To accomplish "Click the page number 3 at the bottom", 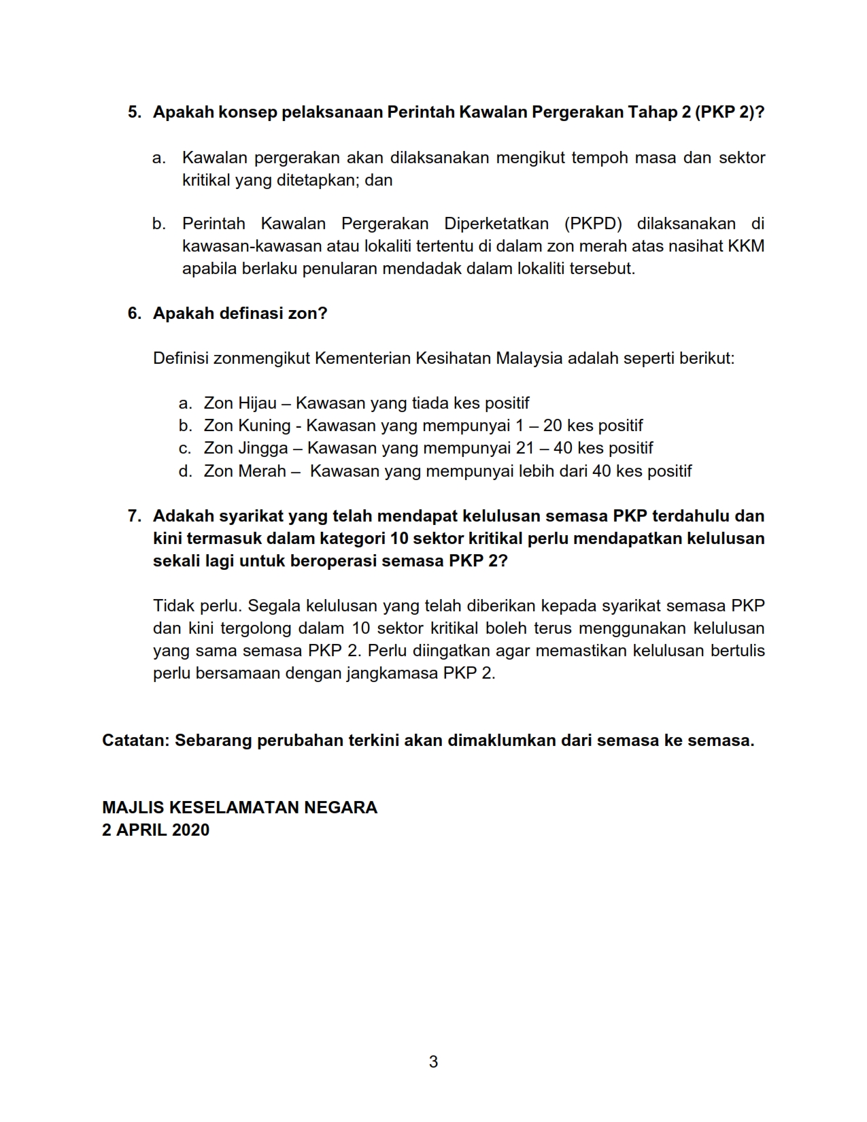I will click(x=433, y=1061).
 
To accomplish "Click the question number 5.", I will click(x=134, y=112).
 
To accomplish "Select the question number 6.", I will click(x=134, y=313).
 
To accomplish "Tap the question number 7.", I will click(x=134, y=516).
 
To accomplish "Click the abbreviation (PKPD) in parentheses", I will click(x=592, y=224).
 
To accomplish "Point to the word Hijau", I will click(x=258, y=403).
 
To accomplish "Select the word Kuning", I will click(x=264, y=426).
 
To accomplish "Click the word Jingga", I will click(x=265, y=448).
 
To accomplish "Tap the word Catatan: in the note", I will click(x=135, y=741).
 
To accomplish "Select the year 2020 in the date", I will click(x=190, y=830).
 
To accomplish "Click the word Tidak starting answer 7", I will click(x=173, y=606).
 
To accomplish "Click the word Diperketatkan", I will click(x=496, y=224).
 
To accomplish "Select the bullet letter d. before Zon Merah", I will click(x=186, y=471).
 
